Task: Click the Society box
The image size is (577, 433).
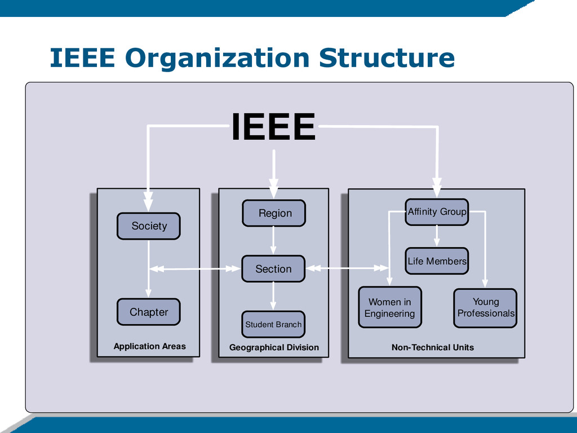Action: (x=149, y=226)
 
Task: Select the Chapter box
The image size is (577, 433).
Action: (x=149, y=312)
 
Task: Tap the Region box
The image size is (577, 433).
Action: (x=274, y=213)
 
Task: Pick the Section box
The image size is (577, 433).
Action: (x=273, y=269)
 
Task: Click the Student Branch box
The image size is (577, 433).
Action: (x=273, y=324)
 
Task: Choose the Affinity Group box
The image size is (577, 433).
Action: (x=437, y=212)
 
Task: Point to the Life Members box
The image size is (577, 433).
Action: (x=437, y=261)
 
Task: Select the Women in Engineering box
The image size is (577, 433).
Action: (x=389, y=308)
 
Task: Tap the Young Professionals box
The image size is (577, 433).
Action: (x=485, y=308)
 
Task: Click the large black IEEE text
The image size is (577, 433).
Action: (x=273, y=127)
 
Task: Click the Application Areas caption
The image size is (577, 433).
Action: (x=149, y=346)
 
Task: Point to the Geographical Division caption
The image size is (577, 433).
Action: (x=274, y=347)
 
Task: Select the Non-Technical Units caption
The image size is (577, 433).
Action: (x=433, y=347)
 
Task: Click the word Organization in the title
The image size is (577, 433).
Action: (x=217, y=58)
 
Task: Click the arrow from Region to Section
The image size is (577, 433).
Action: (x=273, y=241)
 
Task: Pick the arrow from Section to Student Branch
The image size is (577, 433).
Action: (x=273, y=296)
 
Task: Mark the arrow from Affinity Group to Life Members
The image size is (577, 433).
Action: (x=437, y=236)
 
